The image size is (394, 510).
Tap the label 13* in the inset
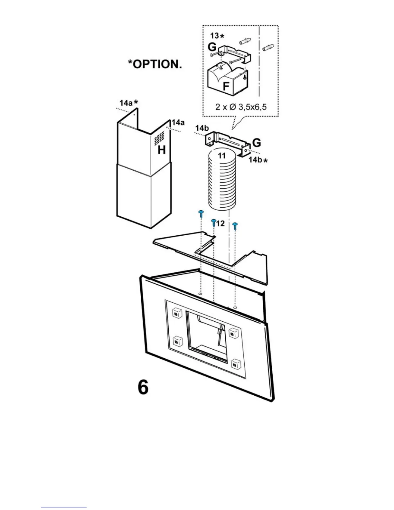(217, 35)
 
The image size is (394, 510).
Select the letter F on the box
(226, 86)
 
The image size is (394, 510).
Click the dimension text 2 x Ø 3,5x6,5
(241, 107)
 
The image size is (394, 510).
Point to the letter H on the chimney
(162, 150)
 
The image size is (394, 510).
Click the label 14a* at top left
(129, 103)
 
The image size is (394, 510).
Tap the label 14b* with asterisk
(258, 159)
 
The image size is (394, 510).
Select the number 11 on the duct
(222, 156)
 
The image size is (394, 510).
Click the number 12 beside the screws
(220, 223)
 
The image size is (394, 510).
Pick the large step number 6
(143, 387)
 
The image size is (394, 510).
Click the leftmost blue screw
(201, 212)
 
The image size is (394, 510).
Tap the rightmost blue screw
(235, 225)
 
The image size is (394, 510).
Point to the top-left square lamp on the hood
(176, 313)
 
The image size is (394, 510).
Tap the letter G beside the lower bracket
(257, 143)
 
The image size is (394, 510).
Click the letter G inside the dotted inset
(212, 47)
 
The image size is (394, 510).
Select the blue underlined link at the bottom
(64, 507)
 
